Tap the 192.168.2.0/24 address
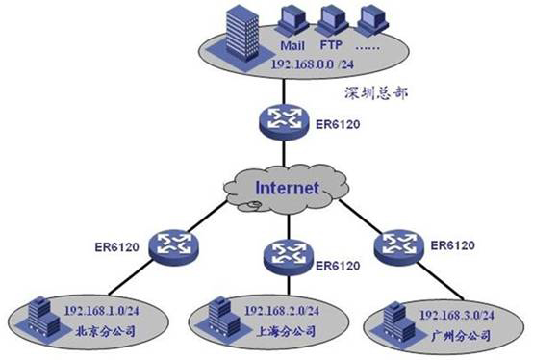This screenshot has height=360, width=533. (x=277, y=311)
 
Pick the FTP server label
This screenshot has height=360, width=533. (x=333, y=45)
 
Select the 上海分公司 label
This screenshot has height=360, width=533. (x=274, y=332)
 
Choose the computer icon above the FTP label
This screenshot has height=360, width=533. (x=333, y=20)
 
